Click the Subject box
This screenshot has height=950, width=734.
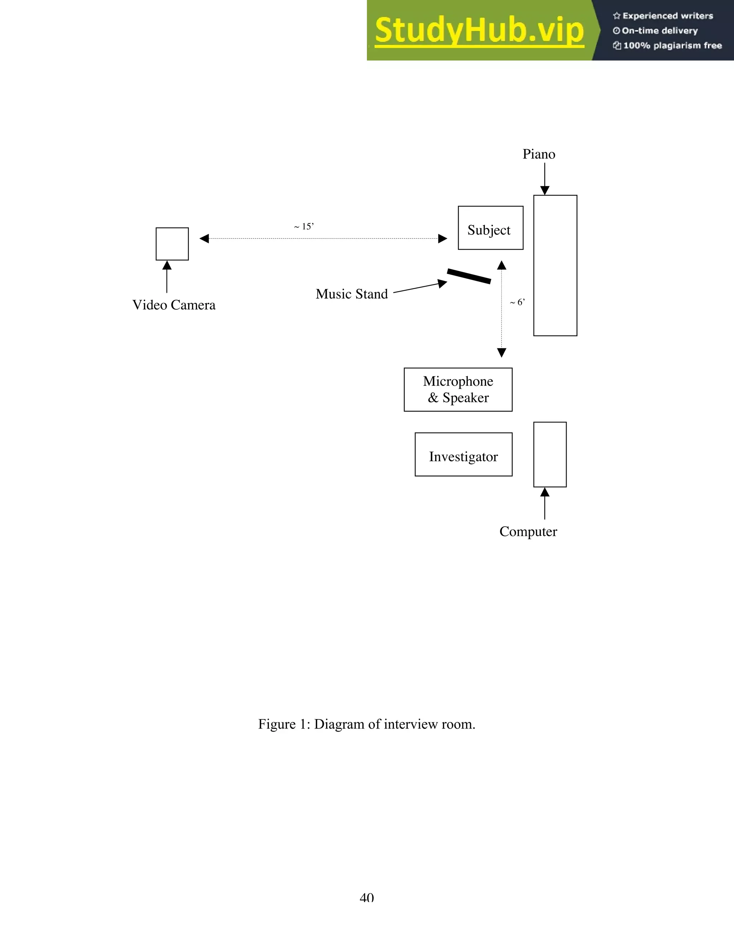(491, 228)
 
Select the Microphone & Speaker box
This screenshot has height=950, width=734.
(458, 390)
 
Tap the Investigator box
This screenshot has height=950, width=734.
(463, 455)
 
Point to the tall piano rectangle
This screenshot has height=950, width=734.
(555, 265)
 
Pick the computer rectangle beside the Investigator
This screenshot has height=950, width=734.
(550, 455)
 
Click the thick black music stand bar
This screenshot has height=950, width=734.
(469, 276)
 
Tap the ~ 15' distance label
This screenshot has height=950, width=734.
(304, 227)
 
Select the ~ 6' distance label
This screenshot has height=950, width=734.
(518, 302)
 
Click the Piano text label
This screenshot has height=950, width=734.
(539, 155)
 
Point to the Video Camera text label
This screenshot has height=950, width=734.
(174, 305)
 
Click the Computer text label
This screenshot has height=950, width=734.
(528, 532)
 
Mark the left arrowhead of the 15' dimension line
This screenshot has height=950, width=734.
(204, 238)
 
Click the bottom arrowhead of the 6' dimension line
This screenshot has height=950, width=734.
(501, 352)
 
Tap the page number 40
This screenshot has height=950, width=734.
(367, 897)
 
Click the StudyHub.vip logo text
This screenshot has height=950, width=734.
(479, 30)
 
